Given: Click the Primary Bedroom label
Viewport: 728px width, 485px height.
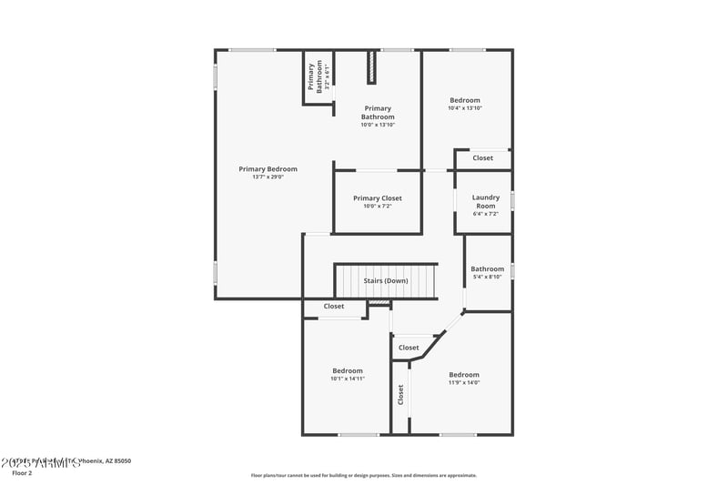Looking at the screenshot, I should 268,168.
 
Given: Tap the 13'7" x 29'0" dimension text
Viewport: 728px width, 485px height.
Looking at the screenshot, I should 268,177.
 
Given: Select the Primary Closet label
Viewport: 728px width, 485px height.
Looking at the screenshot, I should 377,197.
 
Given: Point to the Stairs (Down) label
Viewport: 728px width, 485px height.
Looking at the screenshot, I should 386,280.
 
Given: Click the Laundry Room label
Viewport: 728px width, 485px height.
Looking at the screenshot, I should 484,201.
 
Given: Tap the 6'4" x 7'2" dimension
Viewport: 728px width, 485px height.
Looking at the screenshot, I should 484,214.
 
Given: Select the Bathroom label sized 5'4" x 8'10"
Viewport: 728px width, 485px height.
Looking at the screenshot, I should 487,268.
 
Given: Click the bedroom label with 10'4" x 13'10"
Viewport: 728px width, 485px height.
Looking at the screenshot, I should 464,100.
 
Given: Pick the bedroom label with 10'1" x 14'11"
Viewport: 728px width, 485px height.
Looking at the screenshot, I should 347,370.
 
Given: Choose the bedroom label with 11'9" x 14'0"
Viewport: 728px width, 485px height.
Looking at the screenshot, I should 463,374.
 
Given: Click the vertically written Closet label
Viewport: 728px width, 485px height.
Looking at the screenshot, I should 399,395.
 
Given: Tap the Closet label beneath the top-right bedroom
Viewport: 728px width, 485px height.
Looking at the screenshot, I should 482,157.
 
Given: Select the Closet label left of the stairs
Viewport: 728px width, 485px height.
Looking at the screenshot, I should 334,306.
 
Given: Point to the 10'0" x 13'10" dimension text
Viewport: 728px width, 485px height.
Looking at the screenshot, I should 378,125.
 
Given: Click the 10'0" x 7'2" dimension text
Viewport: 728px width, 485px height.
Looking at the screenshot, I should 377,206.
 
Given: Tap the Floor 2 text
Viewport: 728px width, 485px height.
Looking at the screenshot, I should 21,472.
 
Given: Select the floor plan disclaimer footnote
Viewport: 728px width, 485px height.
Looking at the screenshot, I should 363,475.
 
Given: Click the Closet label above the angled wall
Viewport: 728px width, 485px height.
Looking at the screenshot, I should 409,347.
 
